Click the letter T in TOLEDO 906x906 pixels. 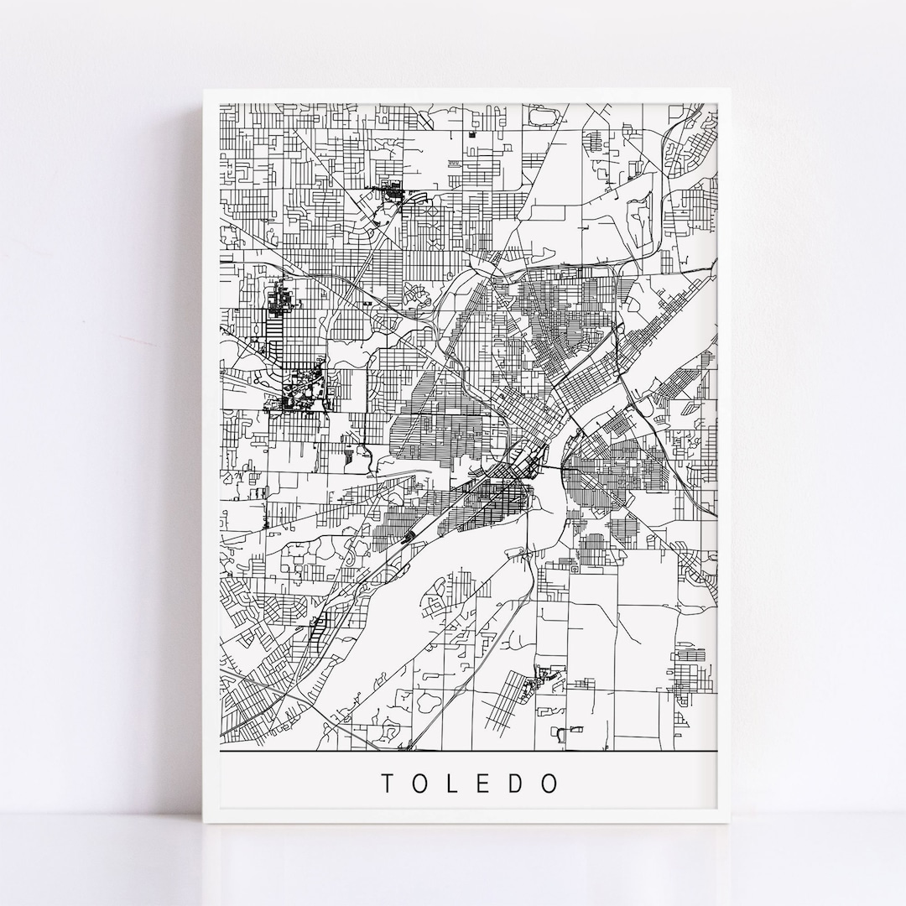point(388,784)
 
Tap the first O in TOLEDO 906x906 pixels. point(422,784)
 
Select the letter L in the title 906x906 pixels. point(454,784)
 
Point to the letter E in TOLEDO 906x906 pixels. point(485,784)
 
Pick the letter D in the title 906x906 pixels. point(517,784)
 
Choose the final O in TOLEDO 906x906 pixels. point(550,784)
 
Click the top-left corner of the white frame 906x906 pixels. point(204,89)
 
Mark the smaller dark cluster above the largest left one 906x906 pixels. point(279,299)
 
